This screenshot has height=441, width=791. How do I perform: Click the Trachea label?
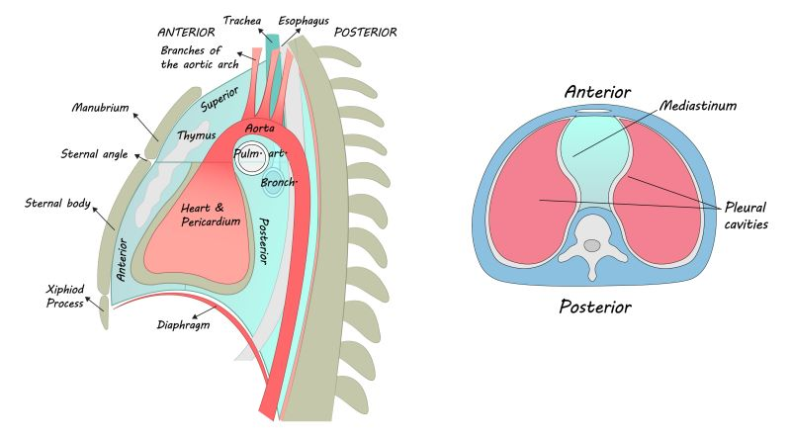pos(242,20)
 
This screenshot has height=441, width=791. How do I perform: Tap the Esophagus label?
pos(305,20)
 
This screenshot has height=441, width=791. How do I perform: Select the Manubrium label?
pos(102,108)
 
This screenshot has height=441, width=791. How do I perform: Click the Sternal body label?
pos(56,205)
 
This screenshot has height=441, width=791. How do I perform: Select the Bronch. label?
pos(280,183)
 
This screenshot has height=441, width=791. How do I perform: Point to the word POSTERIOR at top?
pos(366,32)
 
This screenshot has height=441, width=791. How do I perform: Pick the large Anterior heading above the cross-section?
pos(597,92)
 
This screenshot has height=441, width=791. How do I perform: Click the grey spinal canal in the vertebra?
pos(591,244)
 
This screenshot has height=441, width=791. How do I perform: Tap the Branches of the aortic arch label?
pos(194,58)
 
